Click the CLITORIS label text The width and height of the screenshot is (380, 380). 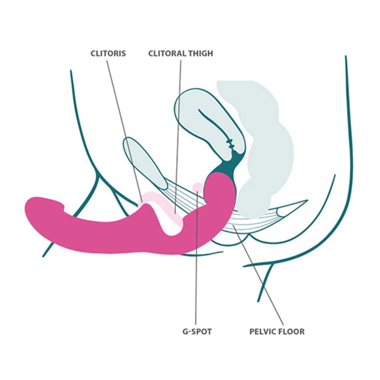click(x=108, y=53)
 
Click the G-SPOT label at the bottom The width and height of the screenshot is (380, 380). click(x=197, y=331)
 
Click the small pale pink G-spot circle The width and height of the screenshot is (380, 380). click(x=198, y=187)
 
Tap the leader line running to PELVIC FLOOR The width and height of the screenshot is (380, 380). click(x=258, y=275)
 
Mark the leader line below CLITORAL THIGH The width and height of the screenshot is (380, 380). click(x=178, y=137)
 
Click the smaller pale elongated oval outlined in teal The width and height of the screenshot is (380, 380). click(x=145, y=162)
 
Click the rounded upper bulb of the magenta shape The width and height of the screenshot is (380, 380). click(x=219, y=191)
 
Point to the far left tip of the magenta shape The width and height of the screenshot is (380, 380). click(x=25, y=208)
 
